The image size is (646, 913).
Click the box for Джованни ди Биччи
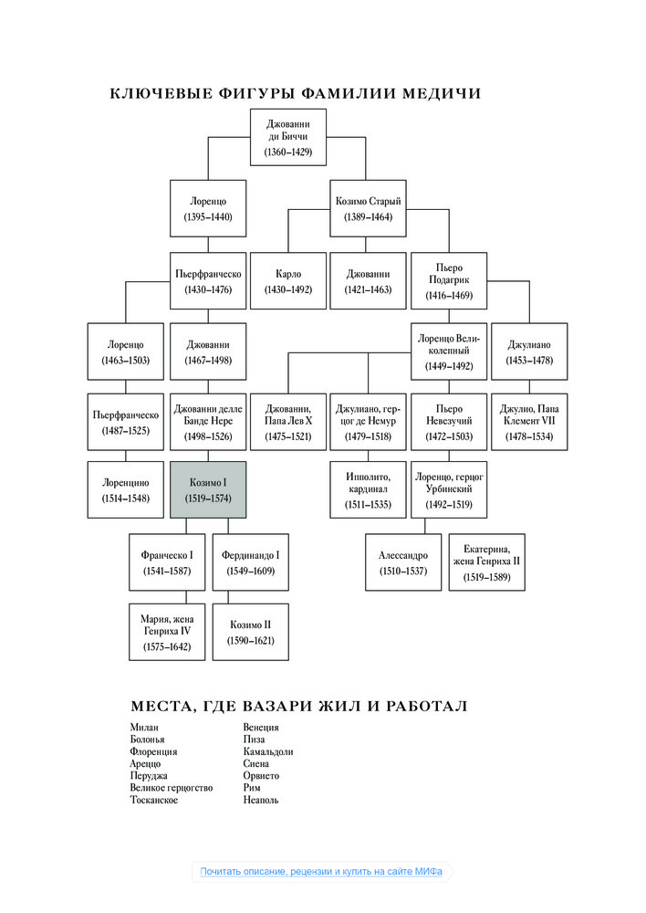pos(288,138)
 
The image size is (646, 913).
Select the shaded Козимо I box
pos(208,489)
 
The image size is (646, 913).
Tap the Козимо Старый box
pos(368,208)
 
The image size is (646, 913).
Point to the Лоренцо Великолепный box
pos(449,352)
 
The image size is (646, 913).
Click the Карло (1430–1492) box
pos(288,280)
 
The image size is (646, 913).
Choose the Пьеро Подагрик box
pos(449,280)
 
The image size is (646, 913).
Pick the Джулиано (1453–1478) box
pos(529,352)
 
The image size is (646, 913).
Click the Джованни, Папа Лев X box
pos(288,422)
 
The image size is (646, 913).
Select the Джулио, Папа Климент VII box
pos(529,422)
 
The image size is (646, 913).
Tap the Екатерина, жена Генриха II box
pos(486,562)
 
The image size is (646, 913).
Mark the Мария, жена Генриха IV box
pos(167,633)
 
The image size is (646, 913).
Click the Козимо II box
pos(250,633)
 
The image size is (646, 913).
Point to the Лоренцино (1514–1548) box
pos(126,489)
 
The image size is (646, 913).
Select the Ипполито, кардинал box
pos(368,489)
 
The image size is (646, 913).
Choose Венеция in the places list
pos(261,728)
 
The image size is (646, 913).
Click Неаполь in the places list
pos(261,800)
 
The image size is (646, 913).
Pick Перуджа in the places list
pos(149,775)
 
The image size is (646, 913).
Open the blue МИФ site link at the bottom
pos(321,872)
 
